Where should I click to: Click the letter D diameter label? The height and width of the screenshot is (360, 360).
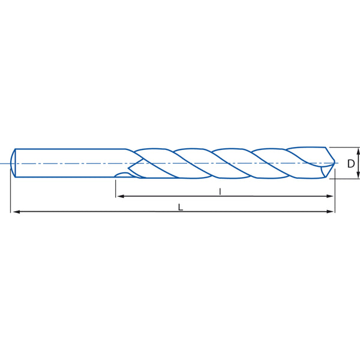tap(351, 164)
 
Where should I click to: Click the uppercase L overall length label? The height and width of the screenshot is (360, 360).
tap(181, 208)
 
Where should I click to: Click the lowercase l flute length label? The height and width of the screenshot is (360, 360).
tap(220, 191)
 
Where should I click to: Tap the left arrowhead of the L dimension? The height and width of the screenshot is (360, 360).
tap(17, 212)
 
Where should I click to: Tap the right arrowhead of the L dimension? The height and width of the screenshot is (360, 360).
tap(330, 211)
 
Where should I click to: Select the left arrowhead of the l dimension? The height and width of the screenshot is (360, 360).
tap(121, 196)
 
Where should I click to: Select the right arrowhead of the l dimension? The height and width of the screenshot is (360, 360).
tap(330, 196)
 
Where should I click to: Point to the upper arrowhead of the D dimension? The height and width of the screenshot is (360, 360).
tap(358, 151)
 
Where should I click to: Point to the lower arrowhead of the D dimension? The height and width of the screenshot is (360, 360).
tap(358, 175)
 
